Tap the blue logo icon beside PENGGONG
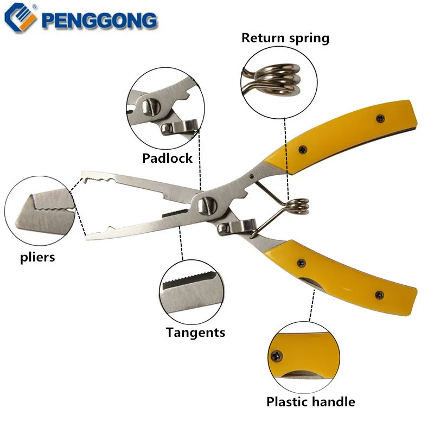pos(20,19)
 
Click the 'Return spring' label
pos(285,38)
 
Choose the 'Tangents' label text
pos(195,332)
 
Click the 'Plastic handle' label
pos(310,402)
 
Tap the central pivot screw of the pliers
pos(206,205)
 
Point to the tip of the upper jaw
pos(84,177)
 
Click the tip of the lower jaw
pos(88,235)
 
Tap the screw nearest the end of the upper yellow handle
pos(379,118)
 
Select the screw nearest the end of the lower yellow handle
pos(379,295)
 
